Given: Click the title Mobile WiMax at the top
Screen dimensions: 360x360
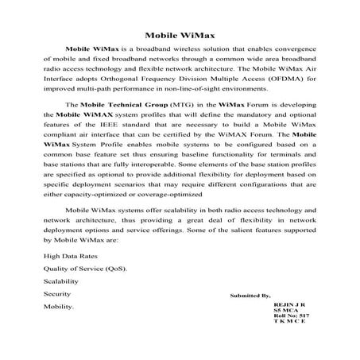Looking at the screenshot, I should point(180,34).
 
